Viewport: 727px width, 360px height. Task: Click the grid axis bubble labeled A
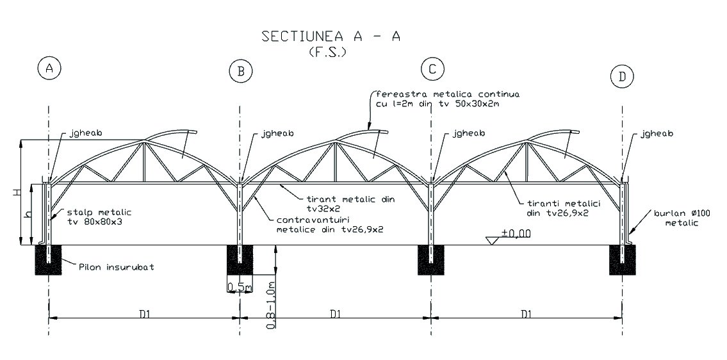[49, 68]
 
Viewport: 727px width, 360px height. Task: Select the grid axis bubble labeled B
[241, 71]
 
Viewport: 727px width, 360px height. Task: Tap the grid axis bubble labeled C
[432, 69]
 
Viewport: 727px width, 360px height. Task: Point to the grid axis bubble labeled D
[622, 77]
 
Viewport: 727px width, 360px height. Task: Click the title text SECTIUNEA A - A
[331, 37]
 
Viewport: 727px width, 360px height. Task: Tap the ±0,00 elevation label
[516, 233]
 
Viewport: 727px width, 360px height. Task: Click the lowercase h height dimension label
[26, 215]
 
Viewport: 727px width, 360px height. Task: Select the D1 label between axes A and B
[144, 314]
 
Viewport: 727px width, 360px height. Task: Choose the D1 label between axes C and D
[526, 314]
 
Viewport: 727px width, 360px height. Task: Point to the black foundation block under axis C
[432, 259]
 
